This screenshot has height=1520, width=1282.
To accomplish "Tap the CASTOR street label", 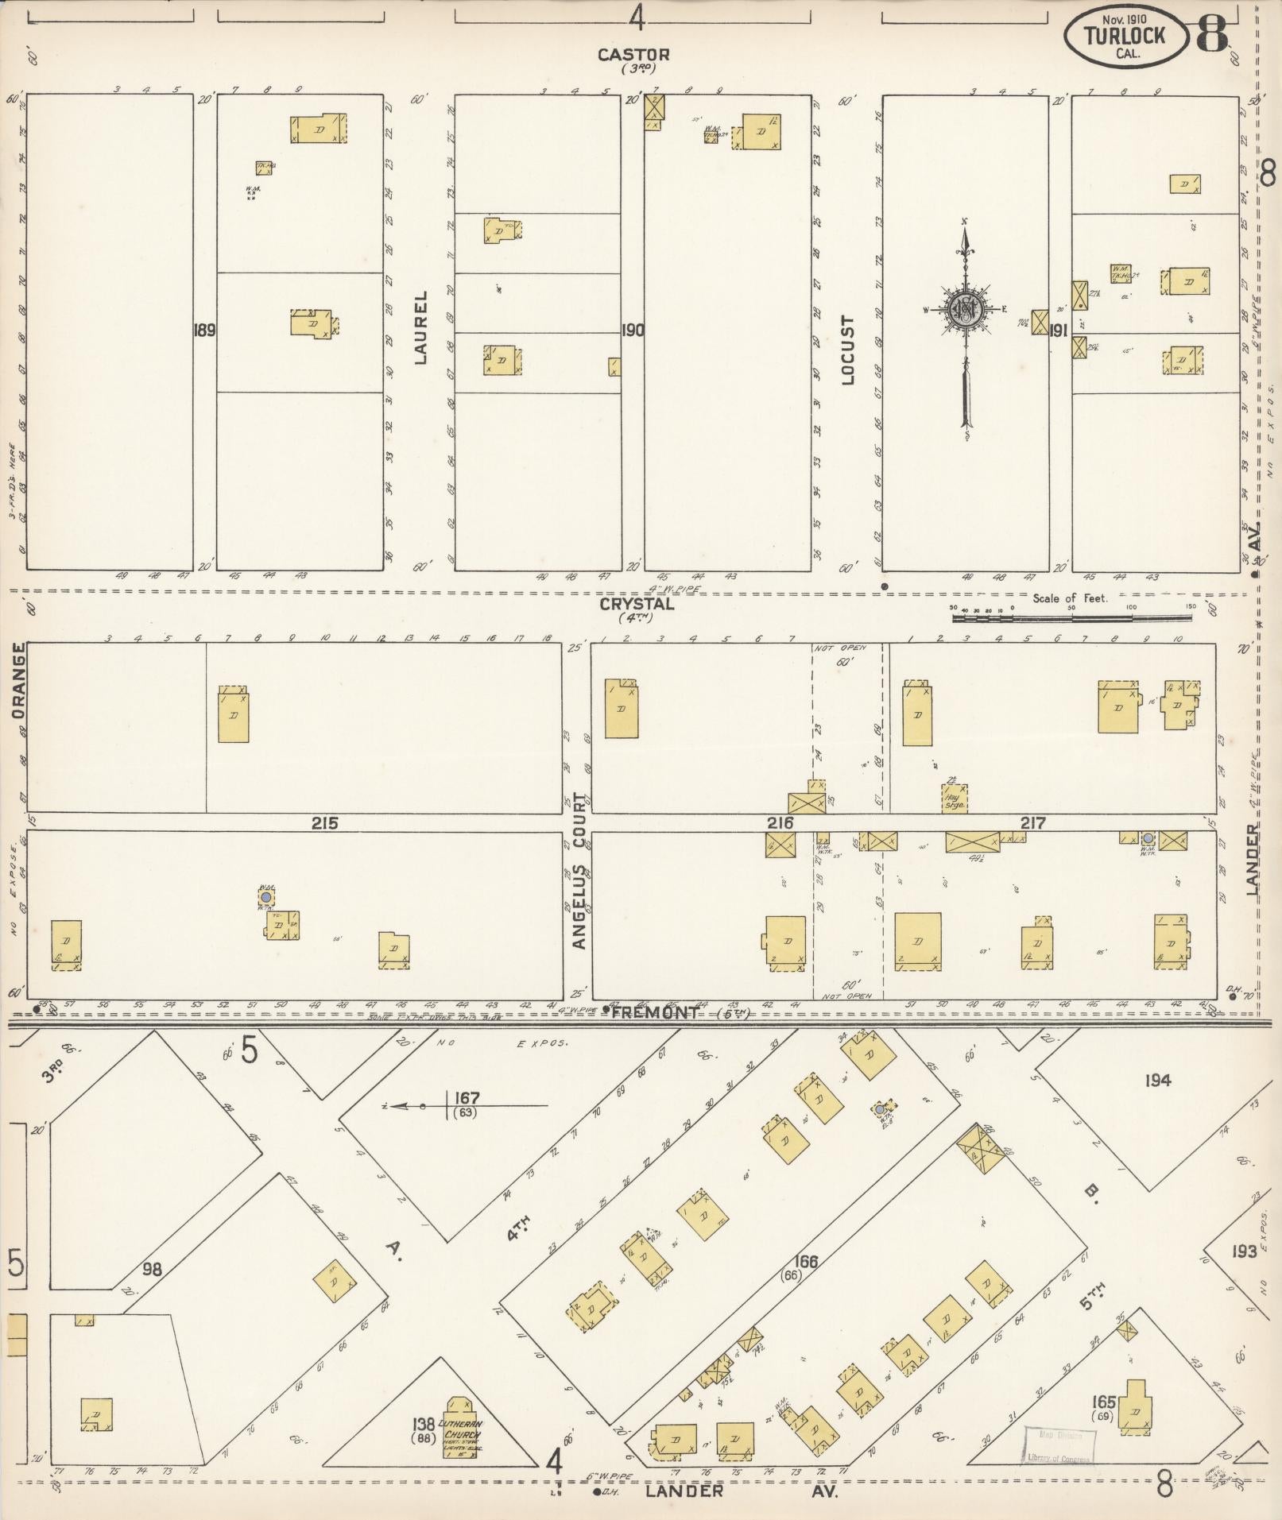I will (x=633, y=55).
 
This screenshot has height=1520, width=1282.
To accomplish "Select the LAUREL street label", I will (x=420, y=327).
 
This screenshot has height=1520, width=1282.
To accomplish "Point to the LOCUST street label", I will (x=847, y=350).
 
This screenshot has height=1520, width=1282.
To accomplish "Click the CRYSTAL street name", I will (x=637, y=603).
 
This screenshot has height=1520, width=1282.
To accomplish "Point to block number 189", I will (x=204, y=329).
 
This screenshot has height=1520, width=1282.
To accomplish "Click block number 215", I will (x=324, y=823).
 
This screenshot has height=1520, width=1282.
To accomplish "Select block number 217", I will (x=1032, y=823).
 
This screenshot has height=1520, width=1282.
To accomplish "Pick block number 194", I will (x=1157, y=1080).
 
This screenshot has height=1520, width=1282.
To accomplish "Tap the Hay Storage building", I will (x=954, y=798).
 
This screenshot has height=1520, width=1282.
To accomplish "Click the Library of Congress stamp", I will (x=1059, y=1444).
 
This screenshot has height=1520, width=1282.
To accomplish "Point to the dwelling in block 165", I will (x=1136, y=1409).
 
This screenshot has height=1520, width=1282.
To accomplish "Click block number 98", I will (x=151, y=1269).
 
